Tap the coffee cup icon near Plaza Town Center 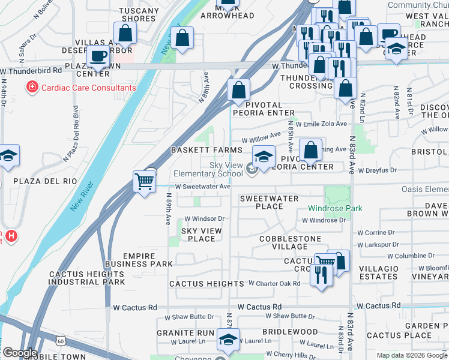(97, 56)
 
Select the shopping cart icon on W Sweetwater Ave (145, 181)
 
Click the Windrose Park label (335, 208)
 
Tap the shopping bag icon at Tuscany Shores (125, 34)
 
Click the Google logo (20, 352)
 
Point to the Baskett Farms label (206, 150)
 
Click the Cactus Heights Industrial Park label (87, 278)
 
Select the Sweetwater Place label (269, 202)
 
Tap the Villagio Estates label (378, 272)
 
